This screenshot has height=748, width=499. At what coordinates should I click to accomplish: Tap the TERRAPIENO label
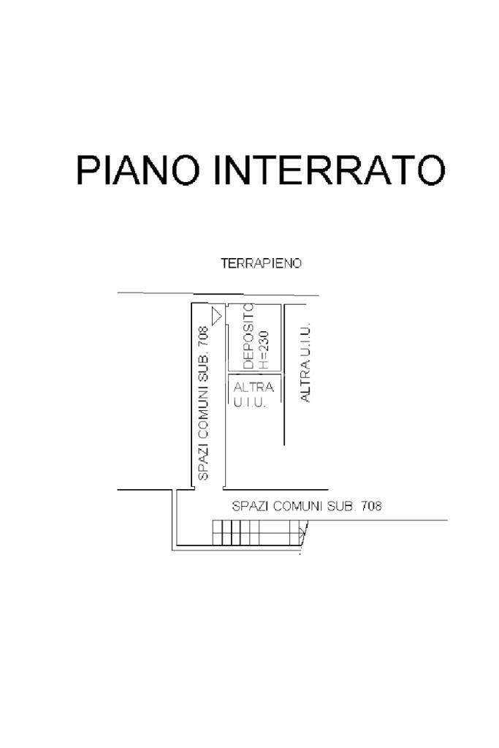261,263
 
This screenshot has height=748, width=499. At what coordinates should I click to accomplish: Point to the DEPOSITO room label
249,336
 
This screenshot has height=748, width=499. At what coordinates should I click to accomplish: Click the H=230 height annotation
264,350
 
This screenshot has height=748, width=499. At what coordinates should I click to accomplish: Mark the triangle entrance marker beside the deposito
216,315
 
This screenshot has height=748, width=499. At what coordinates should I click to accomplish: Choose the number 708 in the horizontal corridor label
371,506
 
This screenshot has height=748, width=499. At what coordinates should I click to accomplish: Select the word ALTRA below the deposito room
254,387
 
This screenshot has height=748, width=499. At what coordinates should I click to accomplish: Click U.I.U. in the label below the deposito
249,402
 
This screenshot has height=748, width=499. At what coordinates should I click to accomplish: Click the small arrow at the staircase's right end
301,533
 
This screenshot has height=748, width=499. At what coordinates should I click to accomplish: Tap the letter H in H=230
264,366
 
